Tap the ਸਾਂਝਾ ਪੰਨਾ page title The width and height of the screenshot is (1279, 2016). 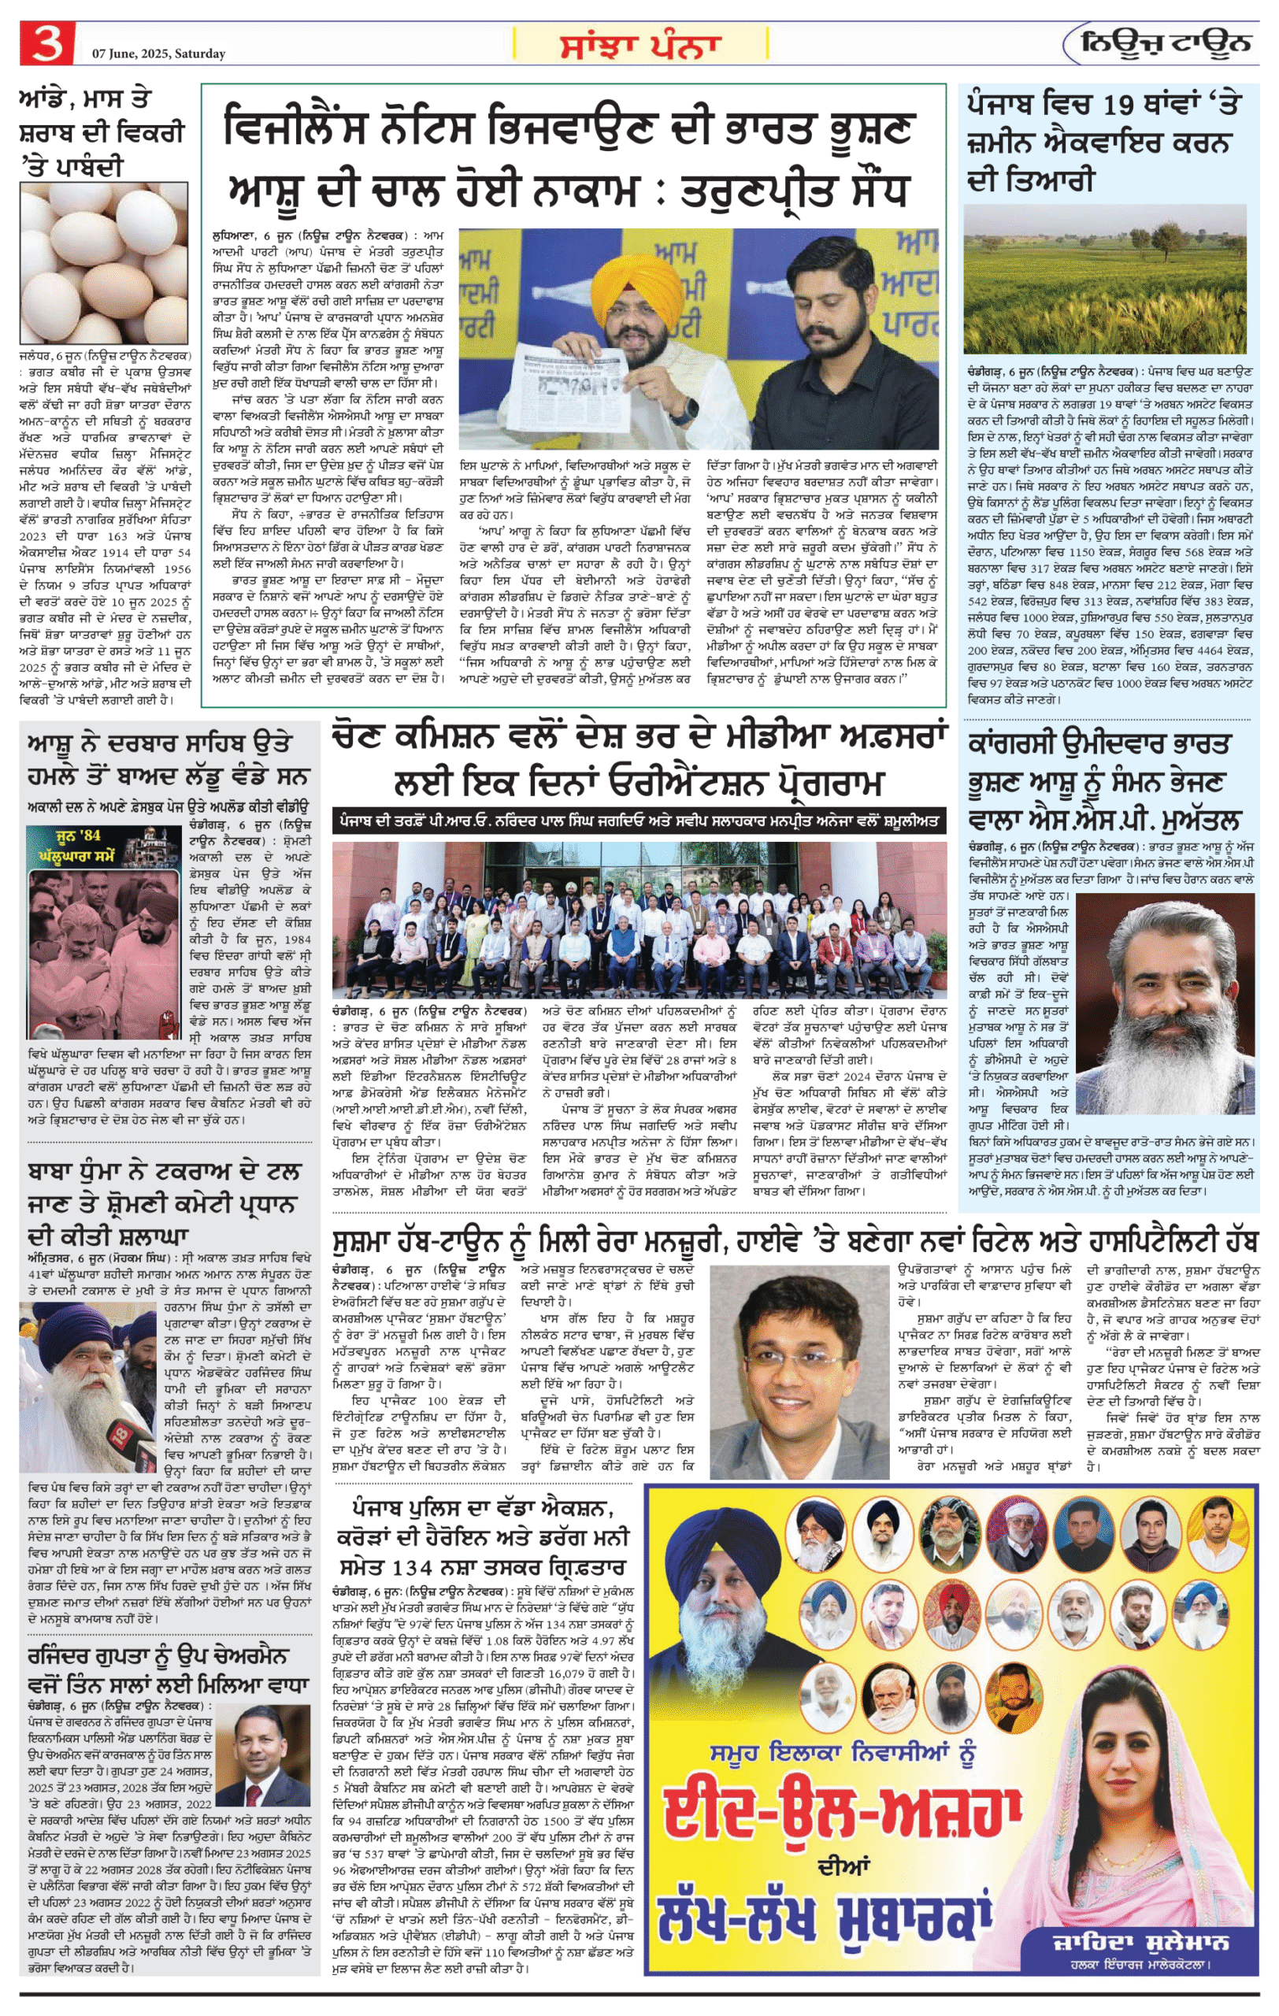(x=640, y=44)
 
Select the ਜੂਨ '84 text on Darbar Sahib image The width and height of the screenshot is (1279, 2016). (x=77, y=836)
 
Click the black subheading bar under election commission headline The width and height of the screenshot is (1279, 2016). (x=639, y=821)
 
